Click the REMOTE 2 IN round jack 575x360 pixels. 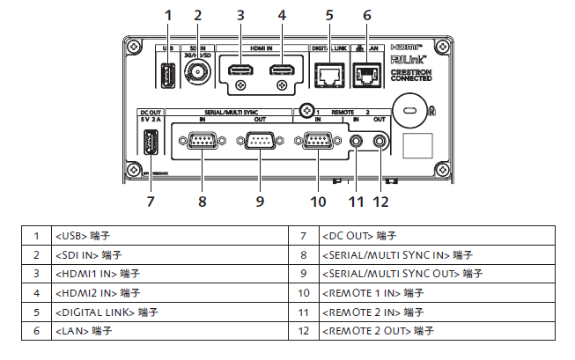click(357, 140)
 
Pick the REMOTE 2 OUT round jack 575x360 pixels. click(380, 140)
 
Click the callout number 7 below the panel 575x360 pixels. click(150, 202)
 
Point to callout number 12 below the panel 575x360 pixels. click(380, 202)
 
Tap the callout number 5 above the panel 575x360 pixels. click(329, 15)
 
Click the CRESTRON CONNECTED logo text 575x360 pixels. click(410, 74)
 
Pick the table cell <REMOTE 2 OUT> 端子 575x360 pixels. click(379, 331)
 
